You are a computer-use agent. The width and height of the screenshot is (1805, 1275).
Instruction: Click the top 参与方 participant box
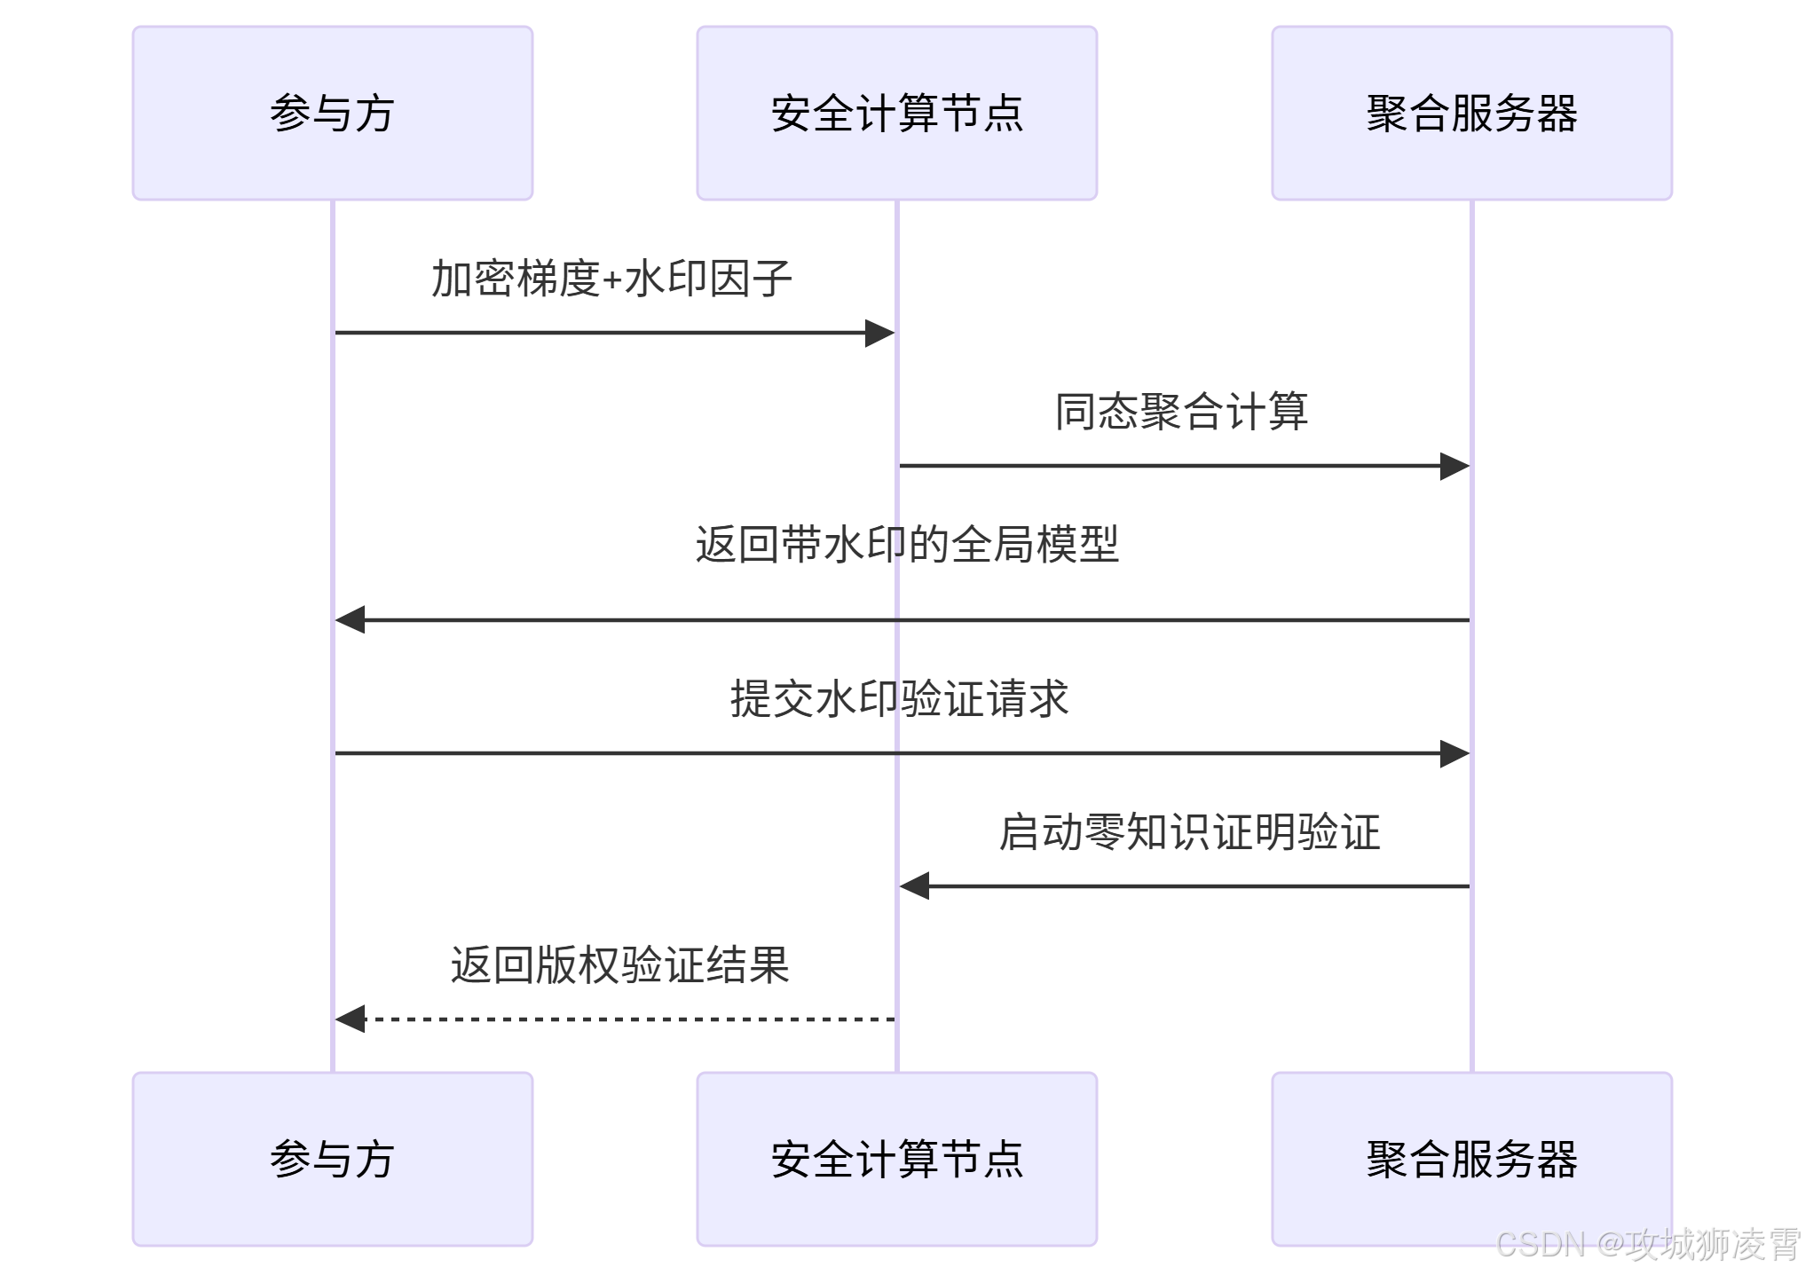[x=332, y=113]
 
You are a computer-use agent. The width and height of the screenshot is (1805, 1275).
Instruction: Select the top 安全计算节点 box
[x=896, y=113]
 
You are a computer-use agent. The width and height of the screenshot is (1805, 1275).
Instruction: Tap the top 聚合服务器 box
[x=1471, y=113]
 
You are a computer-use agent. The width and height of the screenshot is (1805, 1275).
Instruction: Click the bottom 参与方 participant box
[x=332, y=1158]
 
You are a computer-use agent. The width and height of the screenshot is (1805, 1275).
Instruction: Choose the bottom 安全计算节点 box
[x=896, y=1158]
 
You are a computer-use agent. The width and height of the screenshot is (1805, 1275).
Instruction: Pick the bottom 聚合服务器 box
[x=1471, y=1158]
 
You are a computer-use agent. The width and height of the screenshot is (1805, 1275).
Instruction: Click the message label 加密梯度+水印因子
[x=611, y=279]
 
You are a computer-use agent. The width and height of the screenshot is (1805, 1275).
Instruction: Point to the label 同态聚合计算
[x=1181, y=412]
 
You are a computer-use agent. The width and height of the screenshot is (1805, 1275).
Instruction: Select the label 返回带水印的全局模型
[x=906, y=544]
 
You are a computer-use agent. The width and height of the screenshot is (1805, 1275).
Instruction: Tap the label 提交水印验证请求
[x=899, y=698]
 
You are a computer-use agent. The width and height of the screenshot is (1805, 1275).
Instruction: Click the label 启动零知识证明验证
[x=1189, y=832]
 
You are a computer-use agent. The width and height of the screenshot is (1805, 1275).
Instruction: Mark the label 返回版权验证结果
[x=619, y=964]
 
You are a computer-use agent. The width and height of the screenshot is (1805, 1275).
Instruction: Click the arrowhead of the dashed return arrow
[x=351, y=1019]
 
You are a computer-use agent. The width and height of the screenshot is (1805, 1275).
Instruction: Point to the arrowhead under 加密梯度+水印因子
[x=879, y=333]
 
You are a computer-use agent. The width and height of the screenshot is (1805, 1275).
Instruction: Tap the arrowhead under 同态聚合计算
[x=1454, y=466]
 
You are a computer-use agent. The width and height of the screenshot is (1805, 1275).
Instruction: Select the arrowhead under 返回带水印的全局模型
[x=351, y=619]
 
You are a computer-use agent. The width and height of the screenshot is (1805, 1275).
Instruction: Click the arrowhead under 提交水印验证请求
[x=1454, y=753]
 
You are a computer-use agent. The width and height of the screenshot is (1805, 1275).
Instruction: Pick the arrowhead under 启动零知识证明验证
[x=915, y=885]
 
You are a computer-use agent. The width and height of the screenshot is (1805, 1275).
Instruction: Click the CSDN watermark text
[x=1647, y=1244]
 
